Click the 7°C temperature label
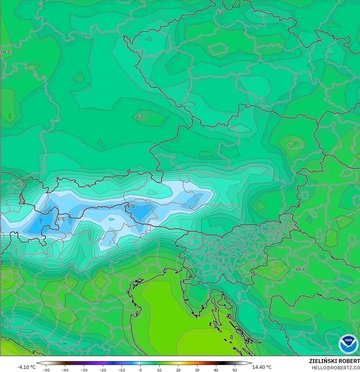pyautogui.click(x=220, y=12)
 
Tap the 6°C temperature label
pyautogui.click(x=140, y=52)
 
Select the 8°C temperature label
pyautogui.click(x=140, y=117)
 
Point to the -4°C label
pyautogui.click(x=131, y=206)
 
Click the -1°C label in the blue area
pyautogui.click(x=60, y=219)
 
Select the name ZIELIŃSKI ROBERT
pyautogui.click(x=334, y=361)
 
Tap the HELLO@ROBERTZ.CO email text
pyautogui.click(x=336, y=367)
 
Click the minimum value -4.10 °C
pyautogui.click(x=27, y=367)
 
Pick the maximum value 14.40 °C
pyautogui.click(x=262, y=367)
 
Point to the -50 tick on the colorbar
pyautogui.click(x=46, y=370)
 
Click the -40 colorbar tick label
pyautogui.click(x=65, y=370)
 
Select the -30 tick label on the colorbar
pyautogui.click(x=84, y=370)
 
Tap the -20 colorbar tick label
pyautogui.click(x=103, y=370)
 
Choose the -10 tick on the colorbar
pyautogui.click(x=122, y=370)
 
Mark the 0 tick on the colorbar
pyautogui.click(x=141, y=370)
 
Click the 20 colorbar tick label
pyautogui.click(x=178, y=370)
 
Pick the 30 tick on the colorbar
pyautogui.click(x=197, y=370)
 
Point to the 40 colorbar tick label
pyautogui.click(x=216, y=370)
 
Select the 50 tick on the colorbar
pyautogui.click(x=234, y=370)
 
